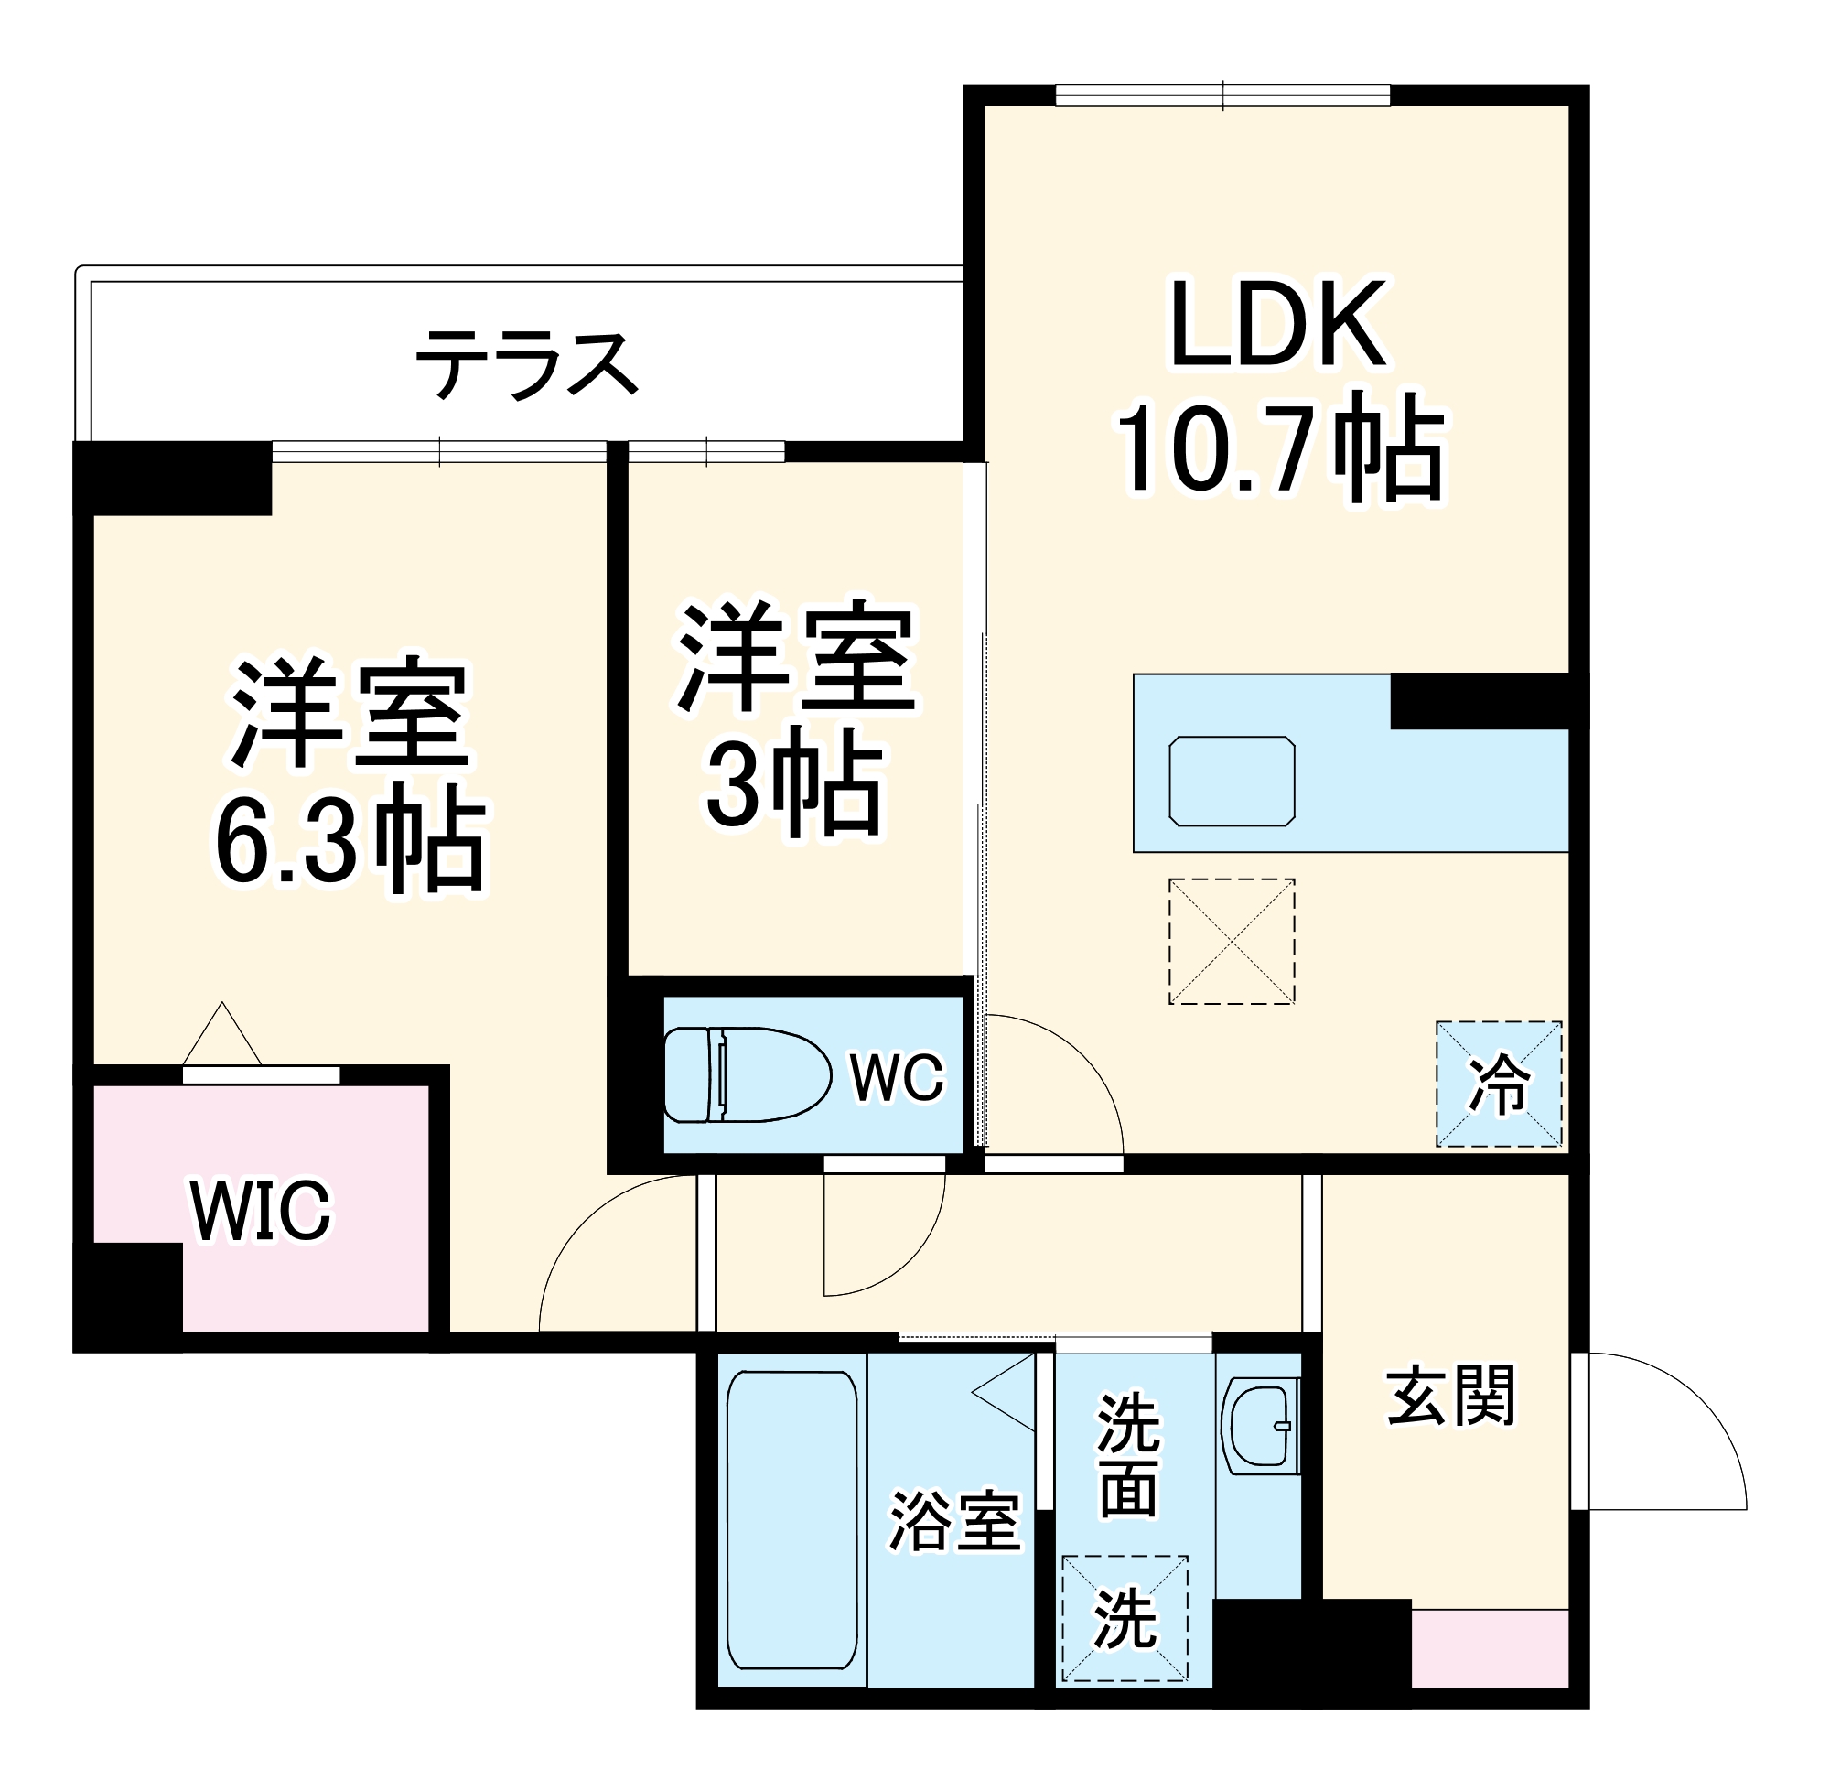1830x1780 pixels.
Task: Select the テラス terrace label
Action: (x=526, y=363)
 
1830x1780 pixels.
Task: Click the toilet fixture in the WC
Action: (x=748, y=1074)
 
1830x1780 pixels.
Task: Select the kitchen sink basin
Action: (x=1232, y=781)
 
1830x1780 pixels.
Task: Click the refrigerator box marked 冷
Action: (x=1498, y=1084)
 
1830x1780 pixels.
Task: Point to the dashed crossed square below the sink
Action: (x=1231, y=942)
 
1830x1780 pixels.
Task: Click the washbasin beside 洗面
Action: (x=1260, y=1427)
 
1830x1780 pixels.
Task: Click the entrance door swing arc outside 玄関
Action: (x=1673, y=1430)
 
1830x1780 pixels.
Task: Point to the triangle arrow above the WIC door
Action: (x=221, y=1035)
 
